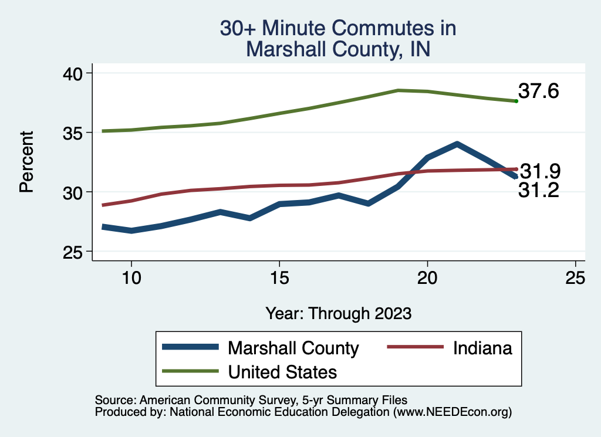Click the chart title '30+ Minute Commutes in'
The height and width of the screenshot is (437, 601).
pos(337,28)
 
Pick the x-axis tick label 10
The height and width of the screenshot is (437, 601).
pos(131,278)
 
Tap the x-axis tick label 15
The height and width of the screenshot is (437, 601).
pos(279,278)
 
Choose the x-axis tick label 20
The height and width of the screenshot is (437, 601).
pos(427,278)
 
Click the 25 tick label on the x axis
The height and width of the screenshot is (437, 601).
pos(576,278)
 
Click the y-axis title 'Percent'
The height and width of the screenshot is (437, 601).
pos(26,162)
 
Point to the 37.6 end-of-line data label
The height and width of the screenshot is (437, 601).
pos(538,92)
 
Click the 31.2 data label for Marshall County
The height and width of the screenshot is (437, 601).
pos(538,190)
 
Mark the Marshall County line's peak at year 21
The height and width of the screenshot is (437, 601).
pos(457,144)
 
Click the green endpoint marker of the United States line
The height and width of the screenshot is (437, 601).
pos(516,101)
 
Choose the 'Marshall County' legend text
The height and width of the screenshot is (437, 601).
pos(293,348)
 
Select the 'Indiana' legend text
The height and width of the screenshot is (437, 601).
pos(482,348)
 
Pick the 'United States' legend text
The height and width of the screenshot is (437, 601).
pos(282,372)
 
